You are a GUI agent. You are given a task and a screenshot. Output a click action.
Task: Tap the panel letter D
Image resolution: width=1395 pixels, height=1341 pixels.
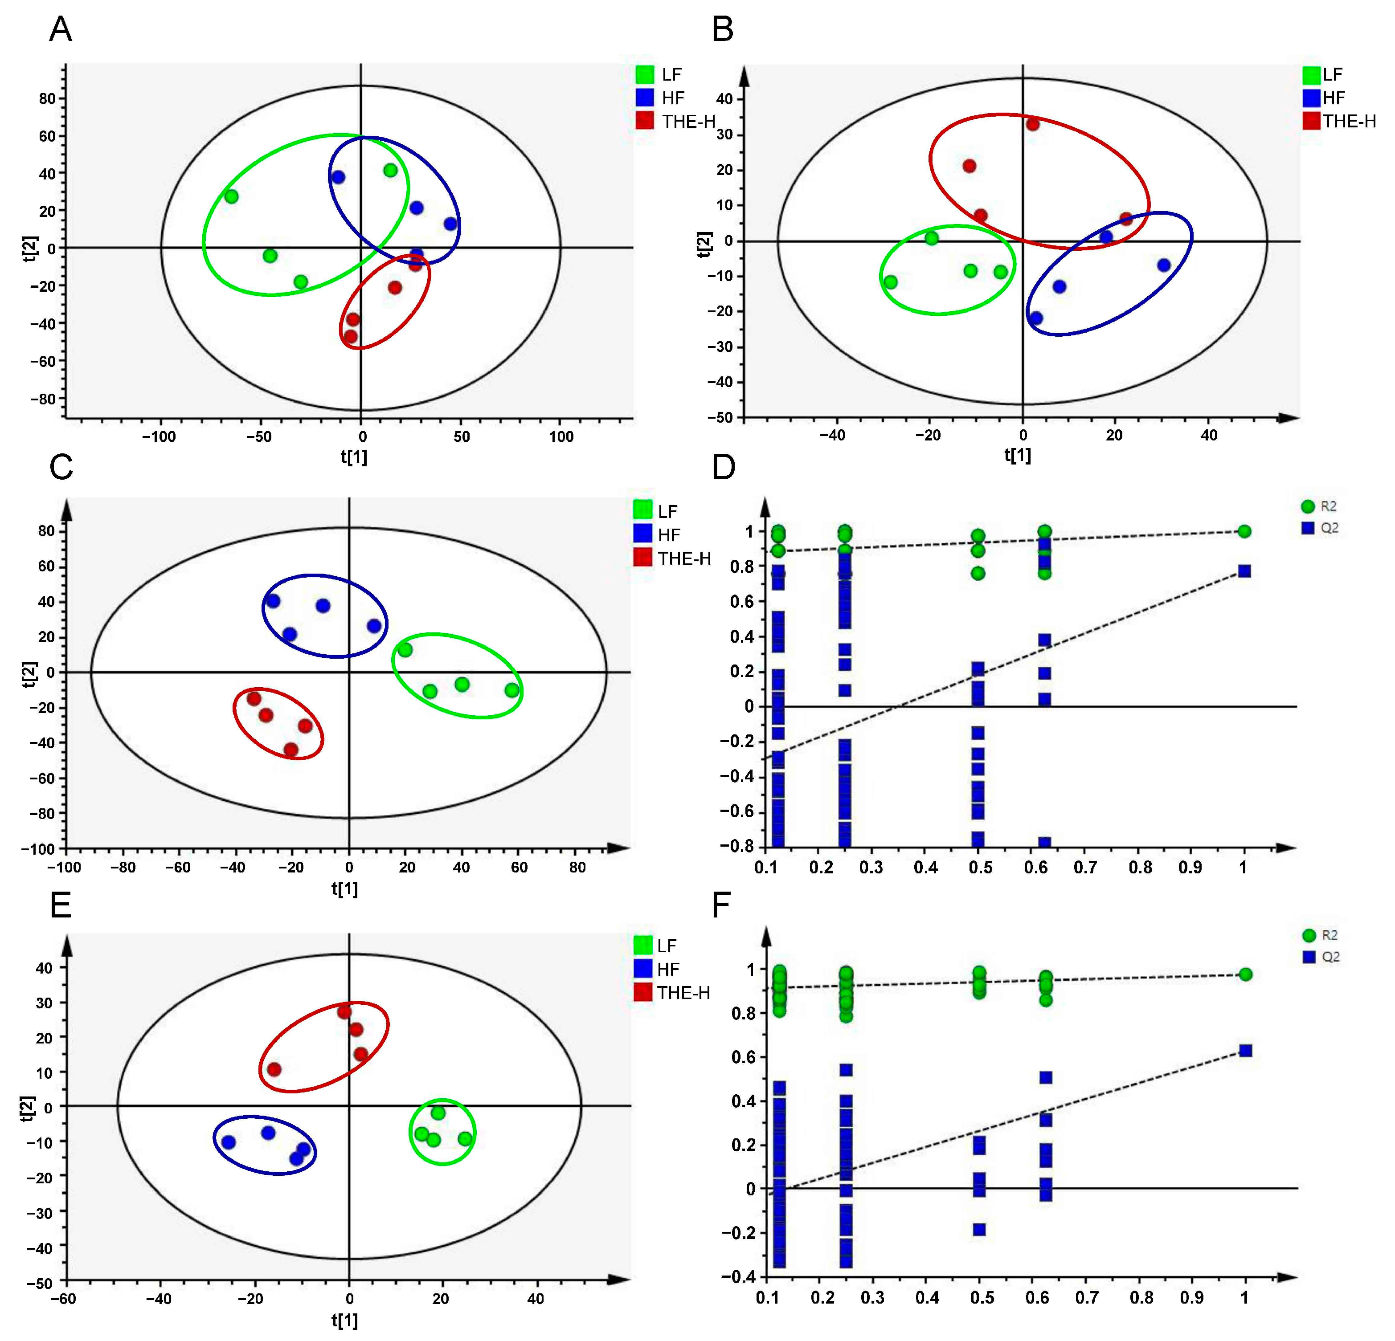pos(724,467)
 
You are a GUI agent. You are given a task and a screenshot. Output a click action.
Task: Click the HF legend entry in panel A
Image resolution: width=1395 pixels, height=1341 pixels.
pos(660,98)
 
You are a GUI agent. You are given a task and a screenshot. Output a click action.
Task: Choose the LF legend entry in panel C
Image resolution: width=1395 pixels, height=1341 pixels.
pos(655,511)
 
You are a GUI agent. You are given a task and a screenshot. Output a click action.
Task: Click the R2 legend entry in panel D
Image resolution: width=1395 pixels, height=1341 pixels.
pos(1318,506)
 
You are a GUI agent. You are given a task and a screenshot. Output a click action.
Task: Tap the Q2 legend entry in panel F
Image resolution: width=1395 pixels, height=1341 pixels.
pos(1320,957)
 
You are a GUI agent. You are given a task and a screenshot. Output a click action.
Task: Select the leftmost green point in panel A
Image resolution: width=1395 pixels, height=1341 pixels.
pos(231,196)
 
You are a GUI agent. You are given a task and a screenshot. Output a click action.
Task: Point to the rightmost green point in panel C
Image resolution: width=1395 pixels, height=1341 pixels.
pos(512,690)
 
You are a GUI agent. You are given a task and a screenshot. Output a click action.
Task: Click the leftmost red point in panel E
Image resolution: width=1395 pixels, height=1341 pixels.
pos(274,1069)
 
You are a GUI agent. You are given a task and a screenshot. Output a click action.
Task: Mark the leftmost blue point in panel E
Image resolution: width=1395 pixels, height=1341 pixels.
pos(229,1142)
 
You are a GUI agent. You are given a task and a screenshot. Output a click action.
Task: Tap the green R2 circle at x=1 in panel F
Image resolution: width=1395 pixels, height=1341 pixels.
pos(1246,974)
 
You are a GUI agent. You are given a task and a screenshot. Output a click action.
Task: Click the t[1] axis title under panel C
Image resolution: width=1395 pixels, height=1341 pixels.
pos(344,889)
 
